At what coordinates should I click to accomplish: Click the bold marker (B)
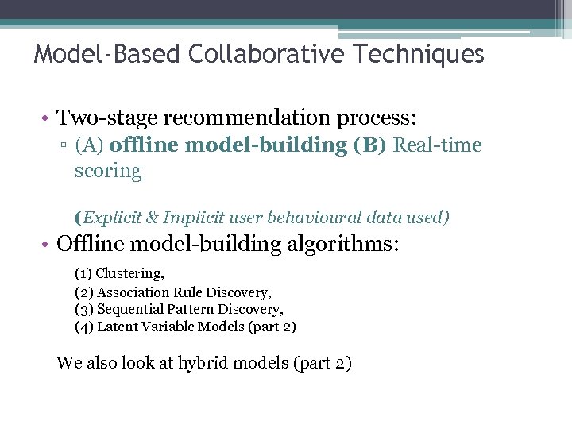(371, 145)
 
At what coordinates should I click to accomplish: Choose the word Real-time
(438, 145)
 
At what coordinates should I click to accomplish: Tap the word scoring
(108, 171)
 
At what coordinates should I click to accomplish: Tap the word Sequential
(130, 309)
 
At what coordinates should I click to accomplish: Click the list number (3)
(84, 309)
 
